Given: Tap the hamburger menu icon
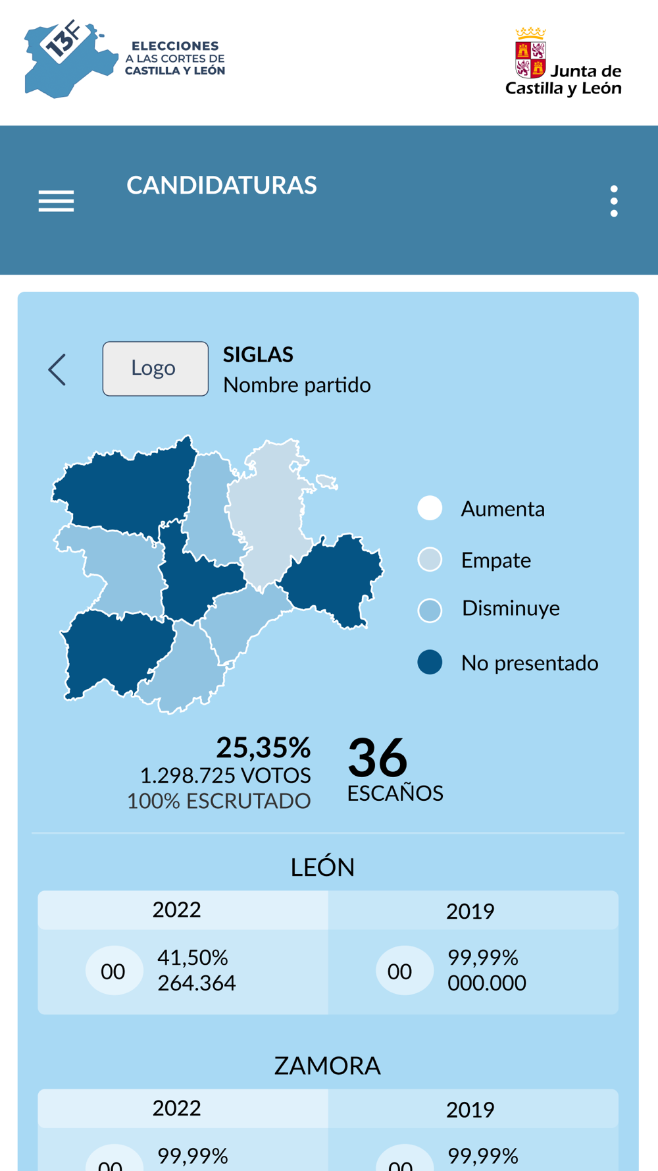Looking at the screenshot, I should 56,201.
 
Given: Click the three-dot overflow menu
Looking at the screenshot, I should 613,201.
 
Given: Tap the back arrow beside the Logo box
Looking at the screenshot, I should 58,369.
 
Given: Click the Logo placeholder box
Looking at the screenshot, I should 155,369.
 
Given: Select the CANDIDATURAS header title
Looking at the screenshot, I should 222,186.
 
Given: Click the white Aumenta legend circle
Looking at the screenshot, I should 430,508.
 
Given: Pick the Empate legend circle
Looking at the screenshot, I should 430,560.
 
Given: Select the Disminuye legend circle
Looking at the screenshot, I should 430,610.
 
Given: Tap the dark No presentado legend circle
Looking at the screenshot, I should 430,662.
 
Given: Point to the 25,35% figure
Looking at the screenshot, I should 263,748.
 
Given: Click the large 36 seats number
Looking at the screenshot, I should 377,758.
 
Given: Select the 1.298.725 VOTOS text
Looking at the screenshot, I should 225,776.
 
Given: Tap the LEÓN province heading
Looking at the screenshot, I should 322,867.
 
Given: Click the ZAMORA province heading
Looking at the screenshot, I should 327,1066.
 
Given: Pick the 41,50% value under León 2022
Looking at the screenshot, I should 192,957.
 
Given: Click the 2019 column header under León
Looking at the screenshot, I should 470,912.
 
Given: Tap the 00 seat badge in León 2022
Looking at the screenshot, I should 113,971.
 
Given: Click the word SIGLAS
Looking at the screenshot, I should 258,355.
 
